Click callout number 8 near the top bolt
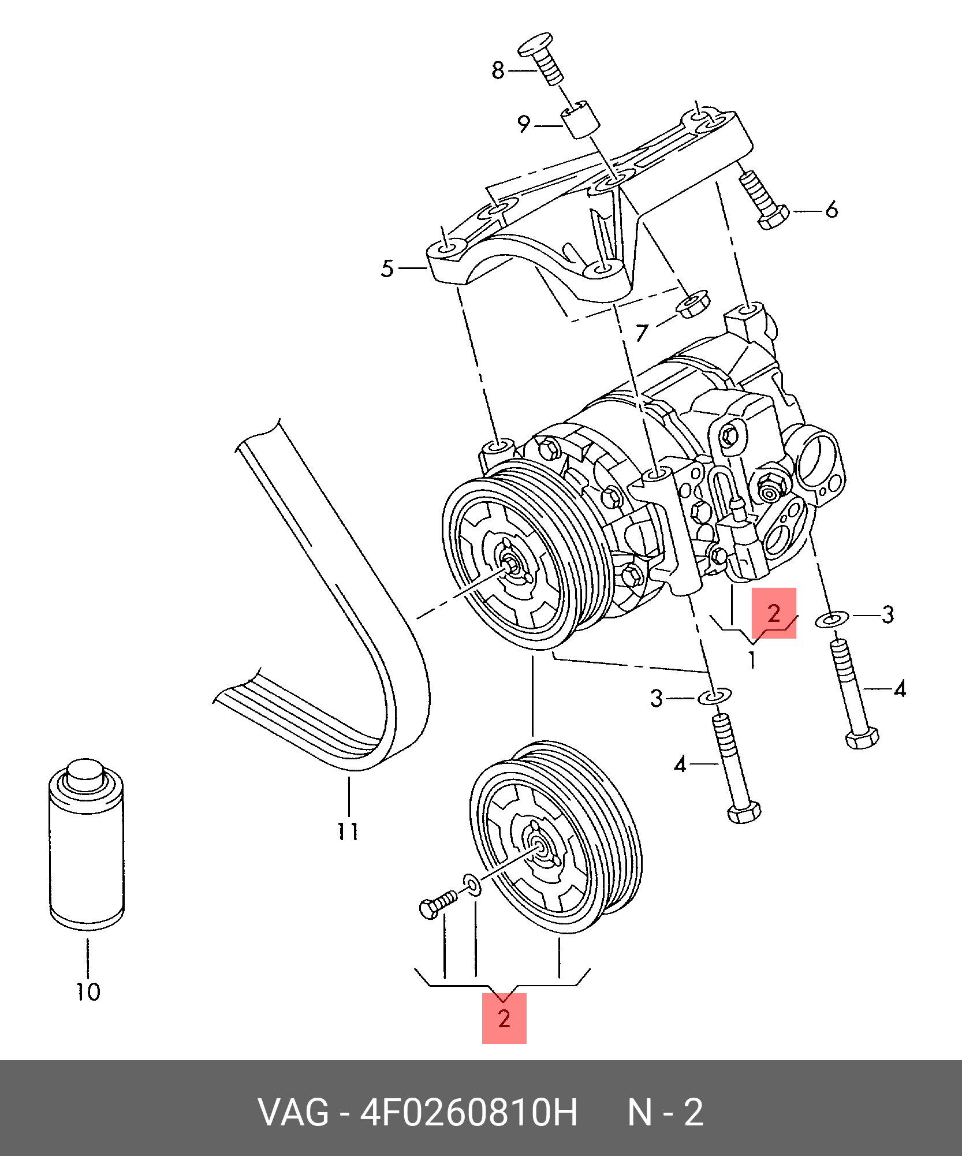point(498,70)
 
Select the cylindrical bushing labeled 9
point(581,120)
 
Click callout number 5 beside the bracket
point(387,269)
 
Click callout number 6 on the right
point(831,210)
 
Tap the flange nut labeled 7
point(692,304)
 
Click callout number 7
point(642,333)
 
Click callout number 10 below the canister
point(88,992)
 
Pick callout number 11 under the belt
point(348,832)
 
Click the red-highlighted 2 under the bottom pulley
point(504,1019)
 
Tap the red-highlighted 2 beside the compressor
point(774,613)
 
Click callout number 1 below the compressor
point(752,659)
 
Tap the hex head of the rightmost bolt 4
point(862,739)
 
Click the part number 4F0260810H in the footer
point(468,1112)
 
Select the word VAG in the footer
point(293,1112)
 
